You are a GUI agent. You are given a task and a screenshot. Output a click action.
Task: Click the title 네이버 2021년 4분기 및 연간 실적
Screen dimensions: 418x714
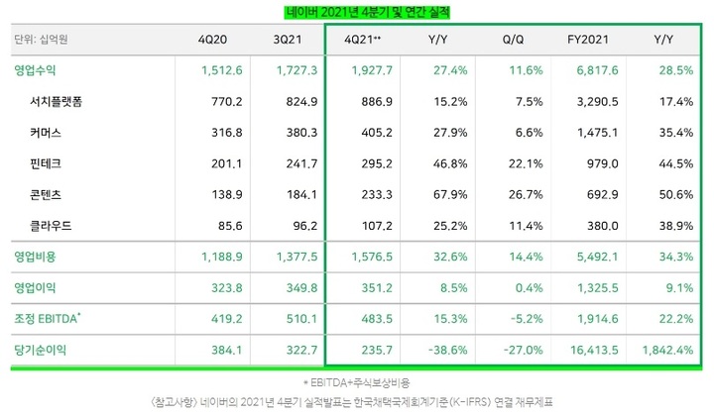(356, 11)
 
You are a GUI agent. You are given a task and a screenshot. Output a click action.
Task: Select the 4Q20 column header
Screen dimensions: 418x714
(216, 41)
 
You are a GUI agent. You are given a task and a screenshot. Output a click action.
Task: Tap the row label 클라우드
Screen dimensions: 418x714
(55, 225)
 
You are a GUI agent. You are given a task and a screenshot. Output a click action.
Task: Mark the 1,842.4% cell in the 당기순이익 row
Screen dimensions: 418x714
(663, 350)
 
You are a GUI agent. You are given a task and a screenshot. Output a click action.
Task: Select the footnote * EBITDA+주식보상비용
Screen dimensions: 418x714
(356, 381)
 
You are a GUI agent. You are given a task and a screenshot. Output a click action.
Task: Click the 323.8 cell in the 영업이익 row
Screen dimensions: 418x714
(219, 287)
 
